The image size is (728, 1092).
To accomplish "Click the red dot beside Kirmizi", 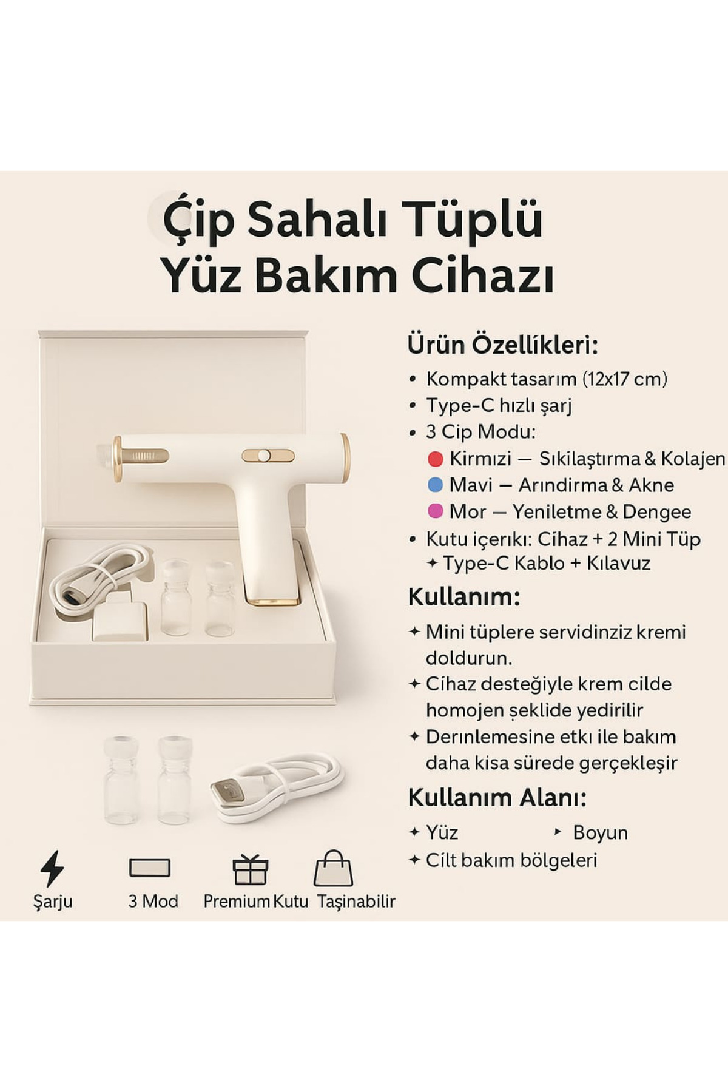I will point(435,459).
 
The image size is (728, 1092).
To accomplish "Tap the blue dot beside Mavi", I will point(435,485).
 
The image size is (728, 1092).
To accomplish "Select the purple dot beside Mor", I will point(435,511).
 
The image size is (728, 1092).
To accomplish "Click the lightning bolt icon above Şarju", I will point(52,868).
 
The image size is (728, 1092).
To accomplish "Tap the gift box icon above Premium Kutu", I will point(251,869).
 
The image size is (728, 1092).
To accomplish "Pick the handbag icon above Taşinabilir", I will point(333,868).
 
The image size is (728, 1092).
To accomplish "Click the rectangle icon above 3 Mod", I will point(150,868).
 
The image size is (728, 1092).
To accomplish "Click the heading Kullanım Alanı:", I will point(497,797).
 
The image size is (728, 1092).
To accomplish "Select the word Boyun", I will point(600,832).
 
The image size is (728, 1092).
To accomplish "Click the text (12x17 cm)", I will point(625,379).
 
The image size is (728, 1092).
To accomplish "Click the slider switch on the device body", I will point(268,456).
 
